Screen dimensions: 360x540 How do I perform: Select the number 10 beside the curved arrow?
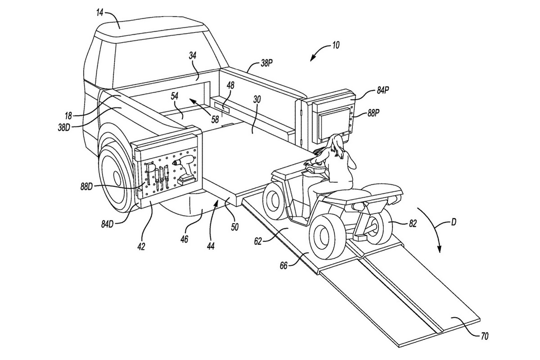(335, 45)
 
